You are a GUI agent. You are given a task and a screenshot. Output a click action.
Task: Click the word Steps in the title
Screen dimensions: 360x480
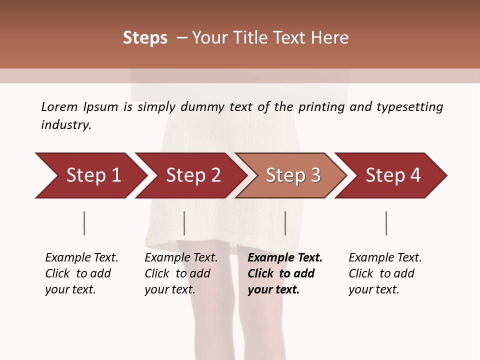point(145,38)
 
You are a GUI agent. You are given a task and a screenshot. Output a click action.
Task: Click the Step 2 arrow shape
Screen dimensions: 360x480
point(193,175)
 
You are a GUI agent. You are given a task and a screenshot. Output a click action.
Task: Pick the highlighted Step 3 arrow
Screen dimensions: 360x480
point(293,175)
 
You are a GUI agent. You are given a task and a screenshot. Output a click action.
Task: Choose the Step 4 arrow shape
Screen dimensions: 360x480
point(393,175)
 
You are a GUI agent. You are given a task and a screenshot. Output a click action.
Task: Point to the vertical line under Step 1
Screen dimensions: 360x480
point(84,223)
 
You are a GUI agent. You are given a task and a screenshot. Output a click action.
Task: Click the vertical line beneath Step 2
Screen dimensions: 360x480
point(184,223)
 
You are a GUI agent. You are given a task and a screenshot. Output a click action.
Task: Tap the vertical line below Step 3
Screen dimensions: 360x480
point(285,223)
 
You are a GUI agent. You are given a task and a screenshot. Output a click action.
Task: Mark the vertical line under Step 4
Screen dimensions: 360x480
point(386,223)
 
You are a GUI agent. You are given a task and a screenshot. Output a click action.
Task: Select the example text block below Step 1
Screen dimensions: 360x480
point(81,273)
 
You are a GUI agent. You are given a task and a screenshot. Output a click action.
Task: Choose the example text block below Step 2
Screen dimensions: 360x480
point(181,273)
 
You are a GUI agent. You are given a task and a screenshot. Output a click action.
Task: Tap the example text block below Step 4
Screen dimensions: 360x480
point(385,273)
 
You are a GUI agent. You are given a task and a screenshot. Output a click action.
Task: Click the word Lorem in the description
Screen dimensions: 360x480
point(59,107)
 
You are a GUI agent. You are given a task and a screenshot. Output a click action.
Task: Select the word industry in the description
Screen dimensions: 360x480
point(66,125)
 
